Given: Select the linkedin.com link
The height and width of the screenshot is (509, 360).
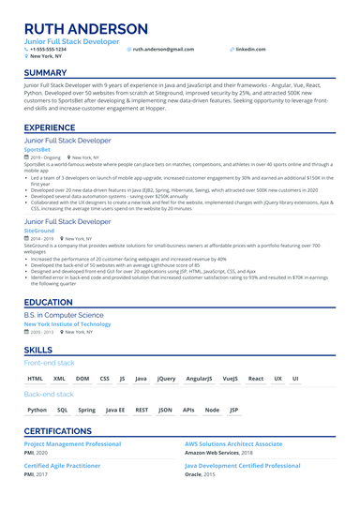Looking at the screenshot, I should point(250,49).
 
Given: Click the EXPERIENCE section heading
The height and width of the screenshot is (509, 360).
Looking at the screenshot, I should point(50,127).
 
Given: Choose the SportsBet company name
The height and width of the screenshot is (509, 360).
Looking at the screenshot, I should point(37,149).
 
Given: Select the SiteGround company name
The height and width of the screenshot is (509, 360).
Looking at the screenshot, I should point(39,231).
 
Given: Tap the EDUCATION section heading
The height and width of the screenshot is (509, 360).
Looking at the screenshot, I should point(48,303).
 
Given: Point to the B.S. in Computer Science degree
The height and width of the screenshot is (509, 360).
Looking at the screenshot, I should point(64,316).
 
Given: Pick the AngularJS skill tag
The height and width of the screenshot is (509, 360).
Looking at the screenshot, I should point(199,379).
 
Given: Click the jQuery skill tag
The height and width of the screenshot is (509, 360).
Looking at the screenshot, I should point(166,379).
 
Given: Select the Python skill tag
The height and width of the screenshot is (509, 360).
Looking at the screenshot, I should point(37,410).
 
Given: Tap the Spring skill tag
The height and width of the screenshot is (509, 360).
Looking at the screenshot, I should point(86,410).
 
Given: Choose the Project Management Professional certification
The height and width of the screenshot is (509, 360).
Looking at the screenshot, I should point(72,443).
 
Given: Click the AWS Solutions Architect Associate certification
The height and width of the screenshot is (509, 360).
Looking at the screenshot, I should point(233,443).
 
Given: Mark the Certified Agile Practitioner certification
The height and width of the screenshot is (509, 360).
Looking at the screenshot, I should point(62,465).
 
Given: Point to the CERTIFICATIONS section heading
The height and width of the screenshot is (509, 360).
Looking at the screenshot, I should point(65,430).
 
